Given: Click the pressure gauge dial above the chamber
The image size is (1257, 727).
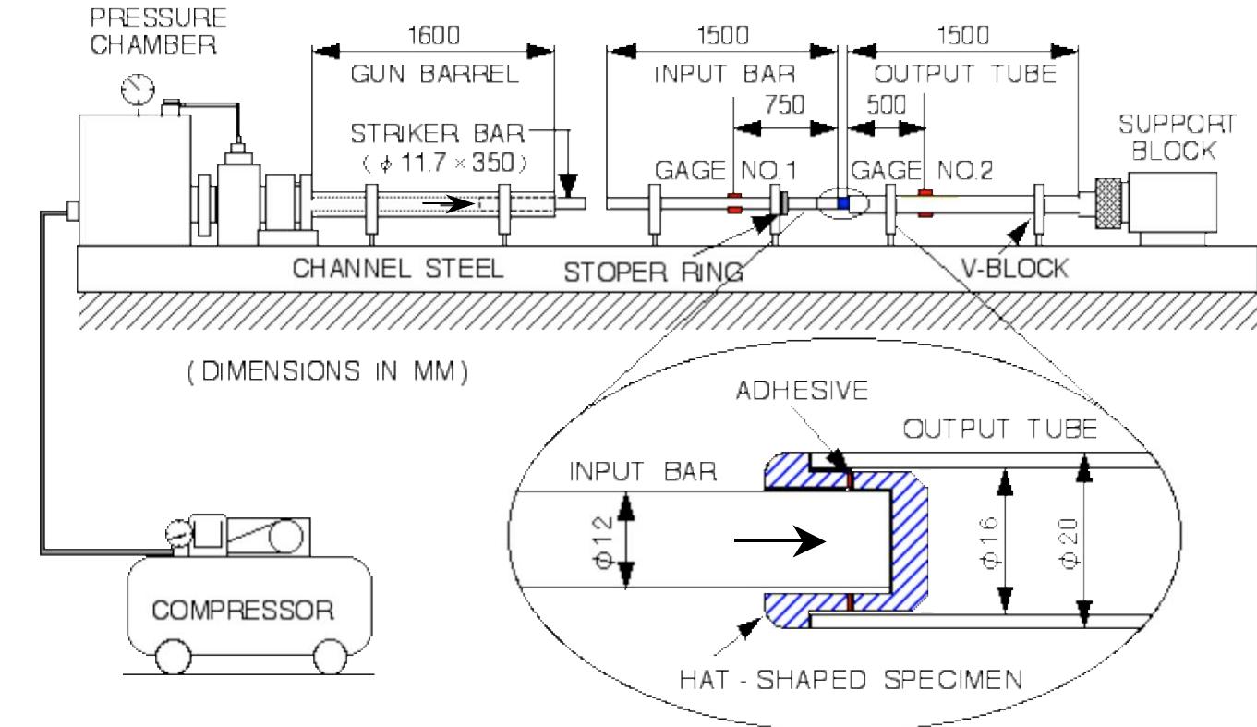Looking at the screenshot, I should [x=139, y=89].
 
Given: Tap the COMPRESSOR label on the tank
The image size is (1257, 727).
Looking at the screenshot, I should [x=242, y=611].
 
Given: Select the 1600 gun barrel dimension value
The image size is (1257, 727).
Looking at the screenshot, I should [x=432, y=35].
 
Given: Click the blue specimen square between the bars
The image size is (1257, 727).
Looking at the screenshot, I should [x=841, y=202].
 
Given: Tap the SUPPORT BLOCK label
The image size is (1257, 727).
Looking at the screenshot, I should [x=1176, y=138].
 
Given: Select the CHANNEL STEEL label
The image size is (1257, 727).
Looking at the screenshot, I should [x=397, y=269].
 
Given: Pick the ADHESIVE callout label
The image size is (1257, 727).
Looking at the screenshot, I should [x=802, y=391].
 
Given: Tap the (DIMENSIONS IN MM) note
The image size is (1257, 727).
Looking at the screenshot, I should [x=327, y=372].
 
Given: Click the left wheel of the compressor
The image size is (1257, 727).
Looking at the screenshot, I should [x=172, y=657].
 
